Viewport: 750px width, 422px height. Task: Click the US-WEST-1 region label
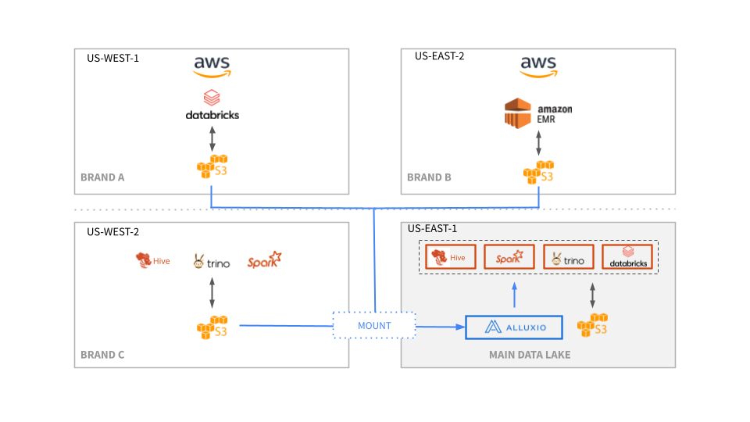tap(112, 58)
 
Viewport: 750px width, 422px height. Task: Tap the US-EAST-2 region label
tap(439, 56)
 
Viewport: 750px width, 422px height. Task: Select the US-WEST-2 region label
tap(112, 231)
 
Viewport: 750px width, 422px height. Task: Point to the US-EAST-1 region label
tap(433, 229)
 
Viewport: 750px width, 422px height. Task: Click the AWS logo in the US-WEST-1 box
tap(212, 66)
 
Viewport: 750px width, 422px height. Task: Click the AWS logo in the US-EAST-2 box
tap(538, 66)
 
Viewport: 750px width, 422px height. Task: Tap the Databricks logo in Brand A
tap(212, 105)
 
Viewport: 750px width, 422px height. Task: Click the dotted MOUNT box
tap(373, 325)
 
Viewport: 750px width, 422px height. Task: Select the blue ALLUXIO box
tap(513, 327)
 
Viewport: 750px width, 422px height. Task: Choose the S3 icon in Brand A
tap(212, 166)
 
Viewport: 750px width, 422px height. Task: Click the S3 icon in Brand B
tap(538, 173)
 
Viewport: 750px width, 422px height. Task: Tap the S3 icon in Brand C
tap(212, 327)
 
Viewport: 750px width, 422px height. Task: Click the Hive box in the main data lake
tap(449, 257)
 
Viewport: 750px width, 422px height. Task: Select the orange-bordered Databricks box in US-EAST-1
tap(627, 257)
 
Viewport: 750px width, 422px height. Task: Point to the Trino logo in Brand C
tap(212, 263)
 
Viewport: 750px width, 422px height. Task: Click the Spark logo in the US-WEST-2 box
tap(264, 261)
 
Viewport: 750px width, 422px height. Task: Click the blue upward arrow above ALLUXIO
tap(514, 295)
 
